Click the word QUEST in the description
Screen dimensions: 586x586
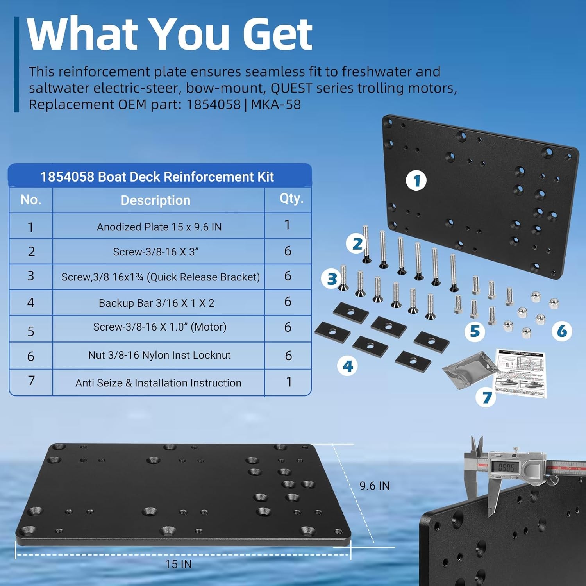291,88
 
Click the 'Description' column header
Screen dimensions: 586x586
155,200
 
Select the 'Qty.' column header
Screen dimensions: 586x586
291,199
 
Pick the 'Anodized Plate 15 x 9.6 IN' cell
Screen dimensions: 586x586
159,227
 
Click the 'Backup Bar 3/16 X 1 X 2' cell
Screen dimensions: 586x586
156,303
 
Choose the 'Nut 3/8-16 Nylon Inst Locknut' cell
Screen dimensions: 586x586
159,355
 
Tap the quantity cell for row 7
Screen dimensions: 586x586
289,382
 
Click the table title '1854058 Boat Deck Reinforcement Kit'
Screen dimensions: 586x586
157,177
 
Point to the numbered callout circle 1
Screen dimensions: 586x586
416,181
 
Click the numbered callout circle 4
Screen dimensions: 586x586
348,366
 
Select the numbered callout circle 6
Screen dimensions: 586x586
562,331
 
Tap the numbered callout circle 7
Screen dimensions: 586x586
486,398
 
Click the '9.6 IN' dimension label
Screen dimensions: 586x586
374,486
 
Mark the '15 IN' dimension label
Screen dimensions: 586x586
178,564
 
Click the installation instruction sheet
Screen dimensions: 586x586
520,373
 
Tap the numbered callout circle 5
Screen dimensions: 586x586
475,331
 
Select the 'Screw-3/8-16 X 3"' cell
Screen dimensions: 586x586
155,252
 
